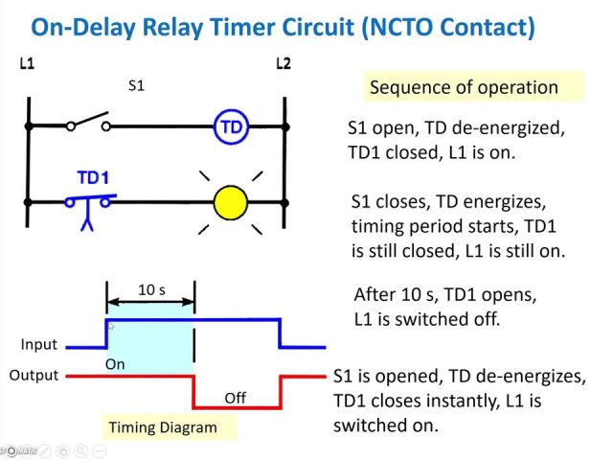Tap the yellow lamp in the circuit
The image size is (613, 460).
[230, 202]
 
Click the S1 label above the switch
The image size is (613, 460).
[137, 85]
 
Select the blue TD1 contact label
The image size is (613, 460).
[93, 178]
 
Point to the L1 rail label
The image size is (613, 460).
[28, 64]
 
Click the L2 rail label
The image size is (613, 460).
[283, 64]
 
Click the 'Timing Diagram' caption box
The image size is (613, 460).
[162, 427]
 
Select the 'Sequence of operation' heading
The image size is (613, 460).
[464, 87]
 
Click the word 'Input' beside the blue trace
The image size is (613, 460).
[39, 344]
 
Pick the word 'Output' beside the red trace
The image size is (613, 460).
[34, 375]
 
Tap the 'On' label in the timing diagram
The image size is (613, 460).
[115, 364]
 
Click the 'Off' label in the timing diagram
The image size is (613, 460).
[236, 397]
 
